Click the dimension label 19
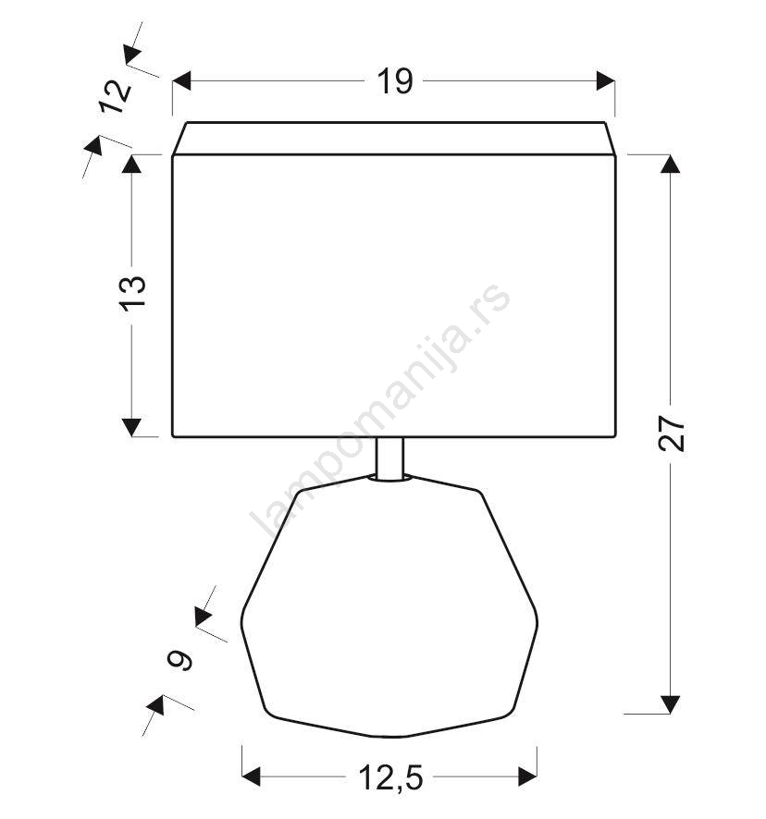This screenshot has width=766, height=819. pos(395,81)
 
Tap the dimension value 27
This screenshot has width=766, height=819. pos(672,434)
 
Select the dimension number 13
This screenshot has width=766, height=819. pos(134,293)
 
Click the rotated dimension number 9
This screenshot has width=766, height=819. pos(179,660)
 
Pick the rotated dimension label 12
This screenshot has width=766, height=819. pos(116,97)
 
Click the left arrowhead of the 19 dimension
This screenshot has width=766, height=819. pos(181,81)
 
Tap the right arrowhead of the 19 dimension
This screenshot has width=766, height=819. pos(605,81)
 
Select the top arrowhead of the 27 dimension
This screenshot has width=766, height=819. pos(671,164)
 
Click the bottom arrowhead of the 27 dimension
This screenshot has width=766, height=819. pos(671,704)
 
